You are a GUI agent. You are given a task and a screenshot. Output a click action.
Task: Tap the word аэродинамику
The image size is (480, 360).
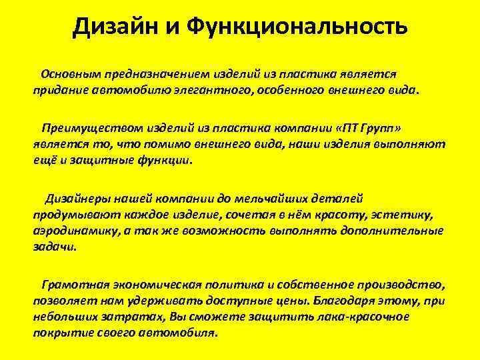point(73,231)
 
